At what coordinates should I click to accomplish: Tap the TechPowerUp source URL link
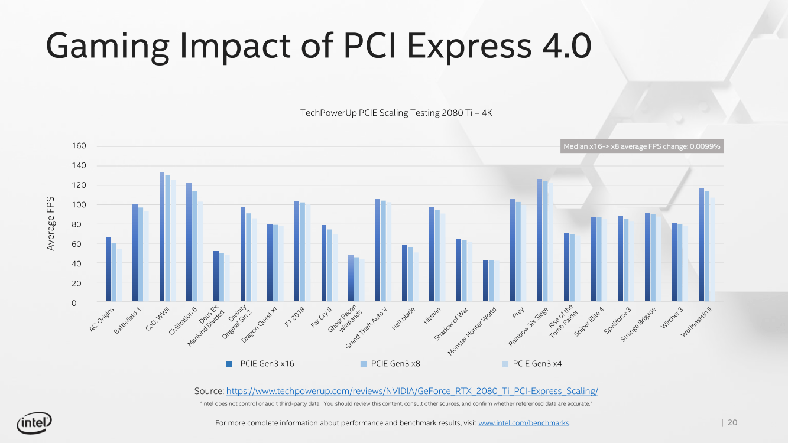pyautogui.click(x=412, y=391)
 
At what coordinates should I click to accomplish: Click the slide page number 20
pyautogui.click(x=732, y=422)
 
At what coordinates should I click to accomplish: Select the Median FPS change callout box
pyautogui.click(x=641, y=146)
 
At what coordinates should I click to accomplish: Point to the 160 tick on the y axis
pyautogui.click(x=79, y=146)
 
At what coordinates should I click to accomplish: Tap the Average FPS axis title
pyautogui.click(x=51, y=223)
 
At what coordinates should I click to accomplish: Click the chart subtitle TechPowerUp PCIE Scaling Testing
pyautogui.click(x=396, y=112)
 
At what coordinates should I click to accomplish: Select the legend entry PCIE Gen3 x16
pyautogui.click(x=267, y=364)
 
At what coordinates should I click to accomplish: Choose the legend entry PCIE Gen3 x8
pyautogui.click(x=395, y=364)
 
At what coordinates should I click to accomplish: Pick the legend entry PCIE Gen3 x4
pyautogui.click(x=537, y=364)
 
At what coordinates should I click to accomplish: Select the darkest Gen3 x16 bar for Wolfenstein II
pyautogui.click(x=702, y=246)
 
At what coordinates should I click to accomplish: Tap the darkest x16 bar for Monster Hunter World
pyautogui.click(x=486, y=282)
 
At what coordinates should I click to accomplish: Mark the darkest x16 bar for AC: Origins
pyautogui.click(x=108, y=271)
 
